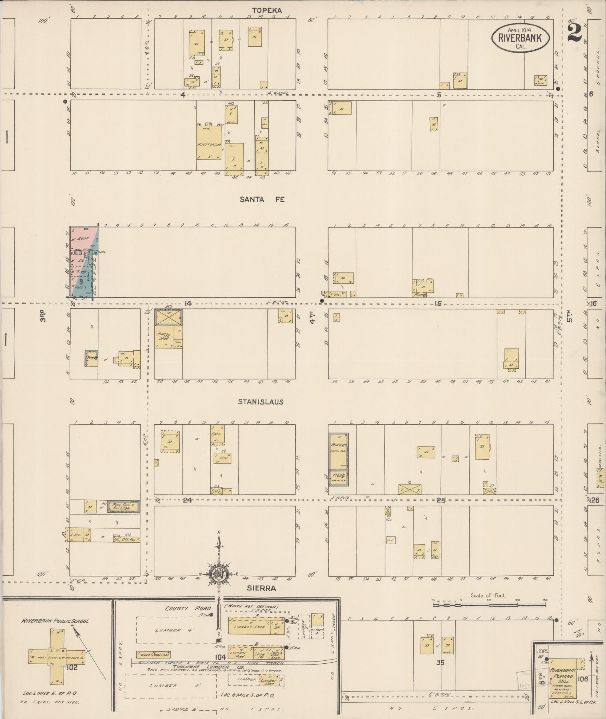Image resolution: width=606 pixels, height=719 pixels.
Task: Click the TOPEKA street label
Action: [261, 10]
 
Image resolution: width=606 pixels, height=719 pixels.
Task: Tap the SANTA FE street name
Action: [262, 199]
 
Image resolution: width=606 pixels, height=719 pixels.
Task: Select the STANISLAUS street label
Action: [261, 402]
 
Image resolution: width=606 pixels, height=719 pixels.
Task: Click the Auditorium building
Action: [209, 143]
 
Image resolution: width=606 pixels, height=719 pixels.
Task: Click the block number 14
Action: [188, 303]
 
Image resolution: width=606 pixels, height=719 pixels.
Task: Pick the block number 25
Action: [441, 500]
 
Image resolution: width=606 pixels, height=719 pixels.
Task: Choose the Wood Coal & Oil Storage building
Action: [124, 507]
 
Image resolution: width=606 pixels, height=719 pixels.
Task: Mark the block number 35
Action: [440, 662]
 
